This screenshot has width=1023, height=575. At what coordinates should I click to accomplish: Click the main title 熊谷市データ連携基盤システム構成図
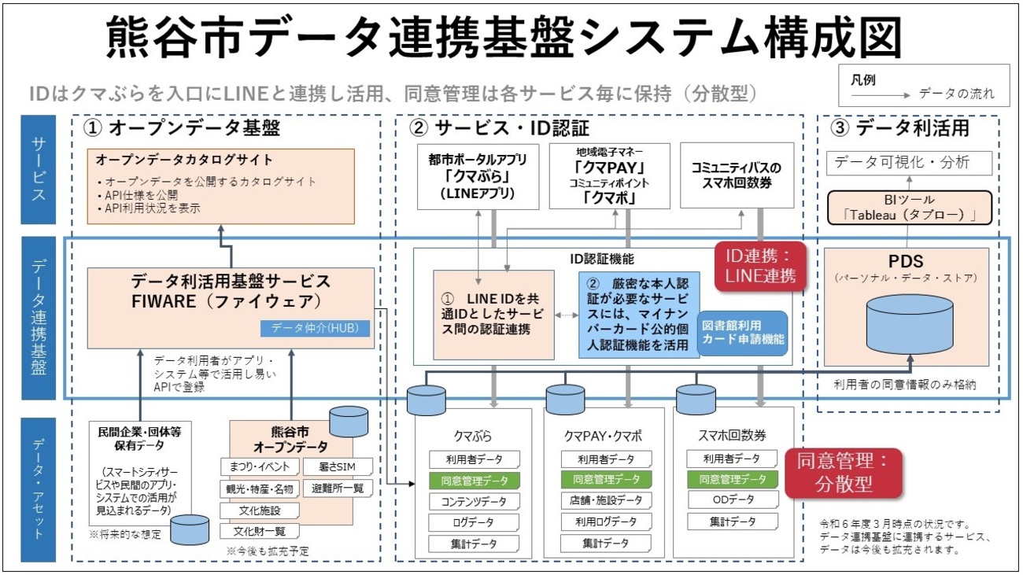pos(504,37)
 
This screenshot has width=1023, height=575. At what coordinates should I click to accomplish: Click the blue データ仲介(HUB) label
pos(315,328)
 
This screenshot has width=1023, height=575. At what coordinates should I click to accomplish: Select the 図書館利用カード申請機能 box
pos(742,334)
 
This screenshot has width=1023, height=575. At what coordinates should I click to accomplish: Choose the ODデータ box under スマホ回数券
pos(732,500)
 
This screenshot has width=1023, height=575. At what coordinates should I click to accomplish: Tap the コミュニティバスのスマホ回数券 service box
pos(736,175)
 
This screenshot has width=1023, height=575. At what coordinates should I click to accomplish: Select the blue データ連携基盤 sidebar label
pos(39,319)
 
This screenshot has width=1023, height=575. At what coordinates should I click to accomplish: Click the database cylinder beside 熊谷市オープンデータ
pos(349,422)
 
